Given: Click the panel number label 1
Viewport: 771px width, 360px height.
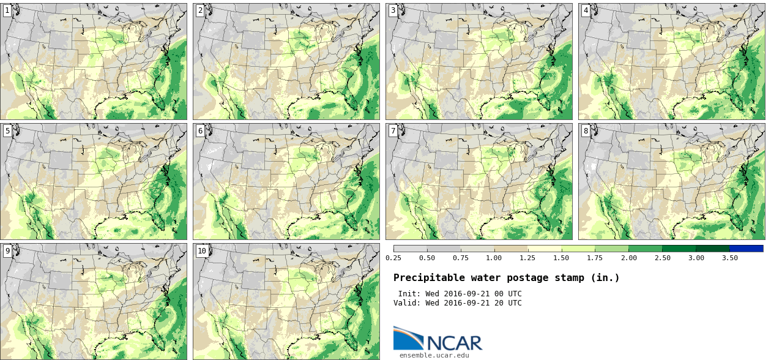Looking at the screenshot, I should point(7,10).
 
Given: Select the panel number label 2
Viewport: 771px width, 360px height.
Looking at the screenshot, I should point(200,10).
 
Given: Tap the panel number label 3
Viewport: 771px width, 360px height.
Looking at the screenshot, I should point(393,10).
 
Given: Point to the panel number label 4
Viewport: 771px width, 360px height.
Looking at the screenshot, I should point(586,10).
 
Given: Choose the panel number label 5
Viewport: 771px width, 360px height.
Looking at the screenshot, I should point(7,130).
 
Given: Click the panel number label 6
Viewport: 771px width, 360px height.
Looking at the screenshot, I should point(200,130).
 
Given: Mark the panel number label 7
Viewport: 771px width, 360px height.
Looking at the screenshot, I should point(393,130).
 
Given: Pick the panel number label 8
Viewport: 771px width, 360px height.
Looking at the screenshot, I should point(586,130).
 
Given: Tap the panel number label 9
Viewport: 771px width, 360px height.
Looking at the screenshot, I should point(7,250).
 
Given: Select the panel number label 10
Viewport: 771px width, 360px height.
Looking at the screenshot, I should point(202,250).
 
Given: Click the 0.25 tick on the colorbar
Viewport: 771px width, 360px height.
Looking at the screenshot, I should point(393,258).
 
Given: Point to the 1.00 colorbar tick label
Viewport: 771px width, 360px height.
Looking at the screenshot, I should point(494,258).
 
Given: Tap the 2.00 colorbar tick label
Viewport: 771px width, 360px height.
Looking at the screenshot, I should point(628,258).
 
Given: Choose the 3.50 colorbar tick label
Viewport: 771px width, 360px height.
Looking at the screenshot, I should point(729,258).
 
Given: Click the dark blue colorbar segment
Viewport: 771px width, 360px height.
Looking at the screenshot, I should point(746,249).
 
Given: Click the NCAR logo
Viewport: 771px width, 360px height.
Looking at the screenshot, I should point(438,339).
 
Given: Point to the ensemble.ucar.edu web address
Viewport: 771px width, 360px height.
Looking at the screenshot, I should point(434,355).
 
